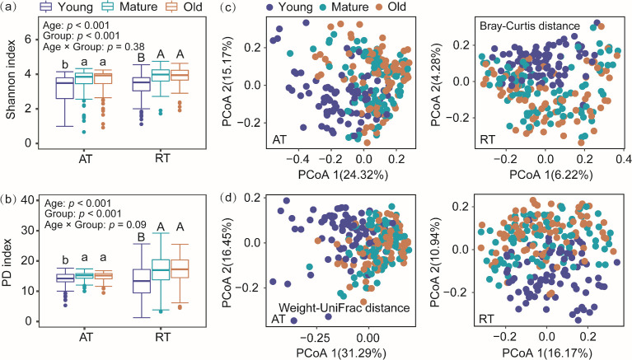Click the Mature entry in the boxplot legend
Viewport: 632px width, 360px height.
click(130, 7)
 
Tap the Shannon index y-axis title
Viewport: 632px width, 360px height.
click(10, 79)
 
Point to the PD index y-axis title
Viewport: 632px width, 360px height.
click(8, 263)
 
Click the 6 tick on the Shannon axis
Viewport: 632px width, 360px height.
click(27, 40)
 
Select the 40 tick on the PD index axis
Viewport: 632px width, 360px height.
click(26, 200)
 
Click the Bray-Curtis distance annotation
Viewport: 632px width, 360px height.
click(530, 26)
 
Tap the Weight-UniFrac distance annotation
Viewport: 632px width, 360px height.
click(344, 308)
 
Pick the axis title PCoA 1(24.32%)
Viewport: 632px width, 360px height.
click(343, 175)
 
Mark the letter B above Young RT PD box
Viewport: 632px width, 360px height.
click(141, 237)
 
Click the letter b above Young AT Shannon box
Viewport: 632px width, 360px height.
click(64, 64)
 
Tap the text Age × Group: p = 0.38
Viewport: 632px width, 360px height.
click(93, 47)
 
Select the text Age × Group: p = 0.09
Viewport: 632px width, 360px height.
click(95, 225)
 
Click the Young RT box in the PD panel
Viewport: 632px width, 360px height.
click(142, 282)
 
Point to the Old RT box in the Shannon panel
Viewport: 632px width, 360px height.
click(180, 76)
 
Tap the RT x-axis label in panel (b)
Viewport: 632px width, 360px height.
click(162, 337)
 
